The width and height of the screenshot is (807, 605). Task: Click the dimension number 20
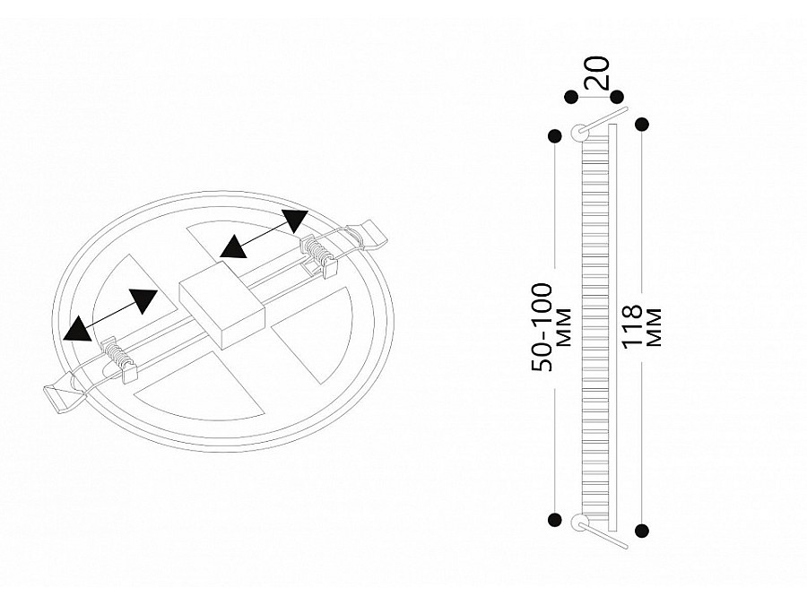(599, 73)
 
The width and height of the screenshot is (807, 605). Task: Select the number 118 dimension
(632, 326)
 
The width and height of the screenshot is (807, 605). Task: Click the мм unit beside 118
(653, 327)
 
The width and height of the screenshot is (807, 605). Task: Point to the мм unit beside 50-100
(564, 327)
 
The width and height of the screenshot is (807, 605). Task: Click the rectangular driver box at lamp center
(221, 304)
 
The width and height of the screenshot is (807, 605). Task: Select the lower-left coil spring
(116, 352)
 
